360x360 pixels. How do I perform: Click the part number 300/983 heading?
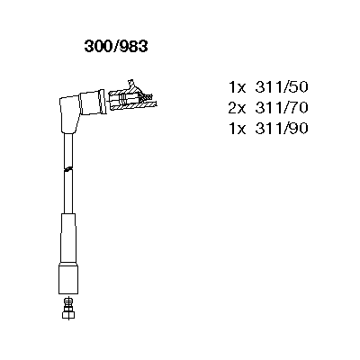click(x=116, y=47)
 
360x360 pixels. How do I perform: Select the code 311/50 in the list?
click(x=282, y=87)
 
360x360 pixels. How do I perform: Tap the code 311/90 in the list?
click(x=282, y=129)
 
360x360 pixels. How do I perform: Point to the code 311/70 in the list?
click(x=282, y=108)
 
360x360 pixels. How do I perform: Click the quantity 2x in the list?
click(x=237, y=108)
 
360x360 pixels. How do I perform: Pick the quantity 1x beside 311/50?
click(x=238, y=87)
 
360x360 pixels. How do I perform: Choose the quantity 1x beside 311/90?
click(x=238, y=129)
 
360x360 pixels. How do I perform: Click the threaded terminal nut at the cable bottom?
click(x=68, y=308)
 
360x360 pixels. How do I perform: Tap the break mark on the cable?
click(x=68, y=169)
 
